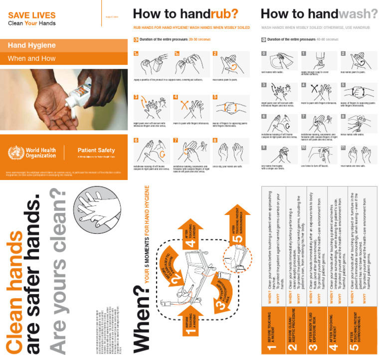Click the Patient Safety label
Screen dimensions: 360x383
pyautogui.click(x=96, y=150)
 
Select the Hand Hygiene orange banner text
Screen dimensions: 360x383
pyautogui.click(x=32, y=45)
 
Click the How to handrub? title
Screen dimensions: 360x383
pyautogui.click(x=186, y=13)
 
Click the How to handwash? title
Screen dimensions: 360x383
pyautogui.click(x=319, y=13)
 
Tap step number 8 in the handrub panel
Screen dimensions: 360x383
pyautogui.click(x=215, y=141)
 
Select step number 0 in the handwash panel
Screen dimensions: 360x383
pyautogui.click(x=264, y=53)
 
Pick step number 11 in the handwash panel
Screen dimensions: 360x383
pyautogui.click(x=343, y=148)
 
